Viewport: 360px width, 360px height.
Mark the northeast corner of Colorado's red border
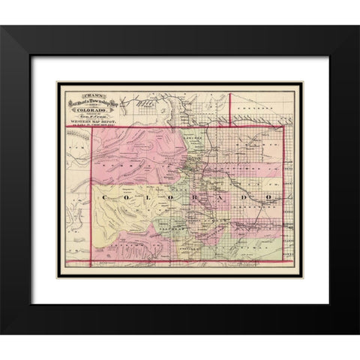(x=292, y=126)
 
